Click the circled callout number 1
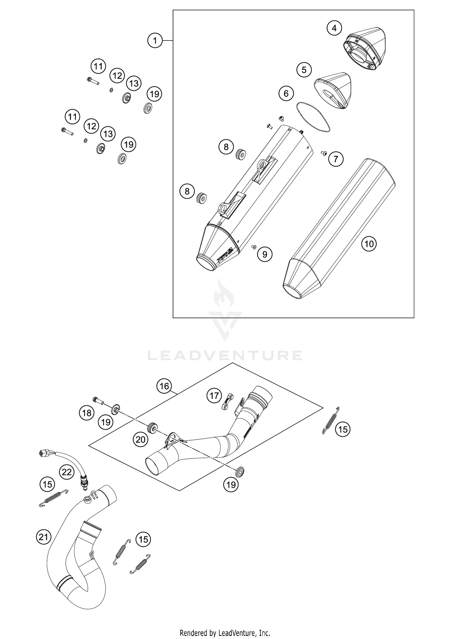coord(155,40)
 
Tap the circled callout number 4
coord(334,28)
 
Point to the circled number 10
coord(369,244)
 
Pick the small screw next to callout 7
coord(324,153)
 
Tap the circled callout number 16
coord(164,386)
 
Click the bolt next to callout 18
coord(98,400)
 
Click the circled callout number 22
coord(67,472)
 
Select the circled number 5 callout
coord(304,70)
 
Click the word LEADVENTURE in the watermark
coord(225,355)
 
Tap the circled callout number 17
coord(214,396)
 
